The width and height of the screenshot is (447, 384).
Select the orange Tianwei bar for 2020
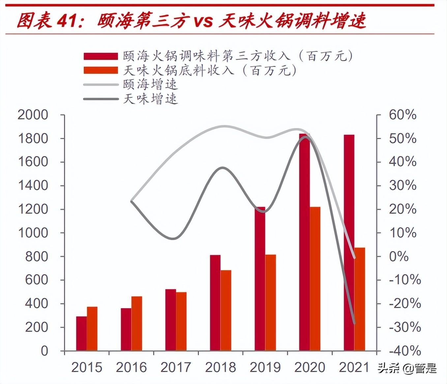coord(315,279)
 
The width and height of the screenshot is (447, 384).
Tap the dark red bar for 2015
coord(81,333)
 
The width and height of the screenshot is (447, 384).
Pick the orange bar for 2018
coord(226,310)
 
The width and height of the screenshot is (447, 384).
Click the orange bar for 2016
coord(137,323)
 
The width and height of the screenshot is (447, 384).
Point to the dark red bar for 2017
coord(170,320)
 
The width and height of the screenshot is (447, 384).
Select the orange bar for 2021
coord(360,299)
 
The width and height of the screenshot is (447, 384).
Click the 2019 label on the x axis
coord(265,367)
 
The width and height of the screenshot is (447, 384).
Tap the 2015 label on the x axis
coord(87,367)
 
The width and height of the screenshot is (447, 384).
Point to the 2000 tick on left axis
coord(33,115)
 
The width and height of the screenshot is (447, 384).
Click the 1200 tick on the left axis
coord(33,209)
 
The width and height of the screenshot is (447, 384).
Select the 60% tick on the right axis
coord(402,115)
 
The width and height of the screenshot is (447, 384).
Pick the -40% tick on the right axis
coord(405,351)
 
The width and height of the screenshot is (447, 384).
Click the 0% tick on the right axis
coord(399,256)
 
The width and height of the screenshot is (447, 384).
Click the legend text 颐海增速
coord(150,84)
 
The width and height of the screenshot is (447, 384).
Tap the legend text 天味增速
coord(150,99)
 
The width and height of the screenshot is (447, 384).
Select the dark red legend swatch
coord(101,56)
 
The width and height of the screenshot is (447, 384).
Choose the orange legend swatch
coord(101,70)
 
